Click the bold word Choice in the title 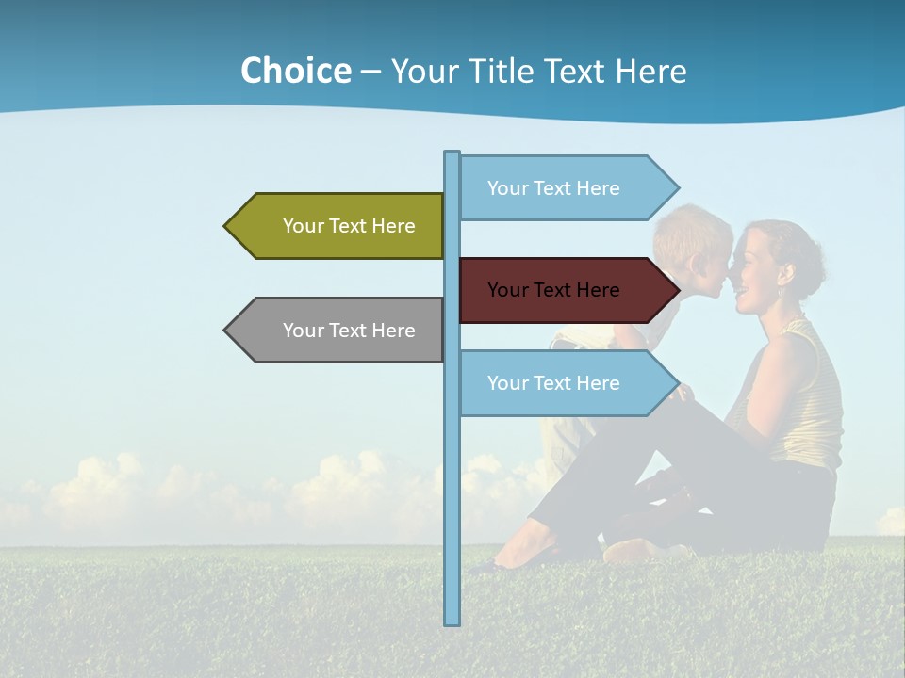click(295, 72)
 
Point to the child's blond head click(693, 231)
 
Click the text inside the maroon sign click(553, 290)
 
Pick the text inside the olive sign click(349, 226)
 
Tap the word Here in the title click(651, 72)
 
